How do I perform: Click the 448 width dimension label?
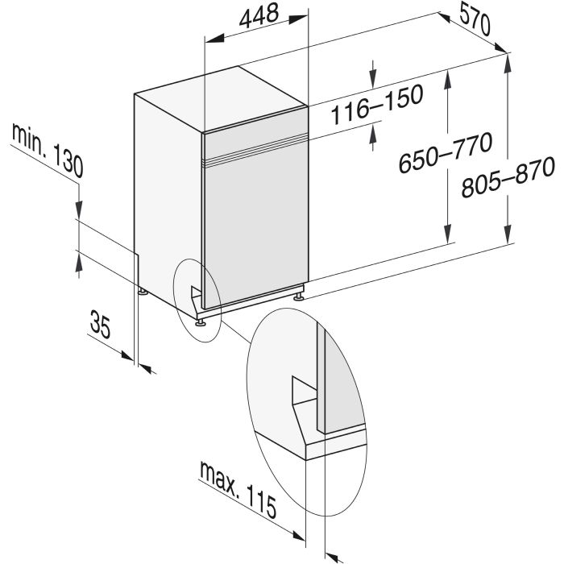pos(259,15)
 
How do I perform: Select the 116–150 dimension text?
pos(376,104)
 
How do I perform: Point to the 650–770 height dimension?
pos(446,151)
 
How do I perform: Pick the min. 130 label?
pos(48,151)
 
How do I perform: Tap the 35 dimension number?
pos(101,325)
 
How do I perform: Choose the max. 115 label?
pos(238,490)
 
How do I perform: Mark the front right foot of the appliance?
pos(299,297)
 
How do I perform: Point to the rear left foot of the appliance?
pos(143,292)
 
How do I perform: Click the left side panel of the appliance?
pos(168,201)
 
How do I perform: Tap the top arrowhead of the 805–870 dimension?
pos(508,64)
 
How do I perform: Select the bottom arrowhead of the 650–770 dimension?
pos(447,234)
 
